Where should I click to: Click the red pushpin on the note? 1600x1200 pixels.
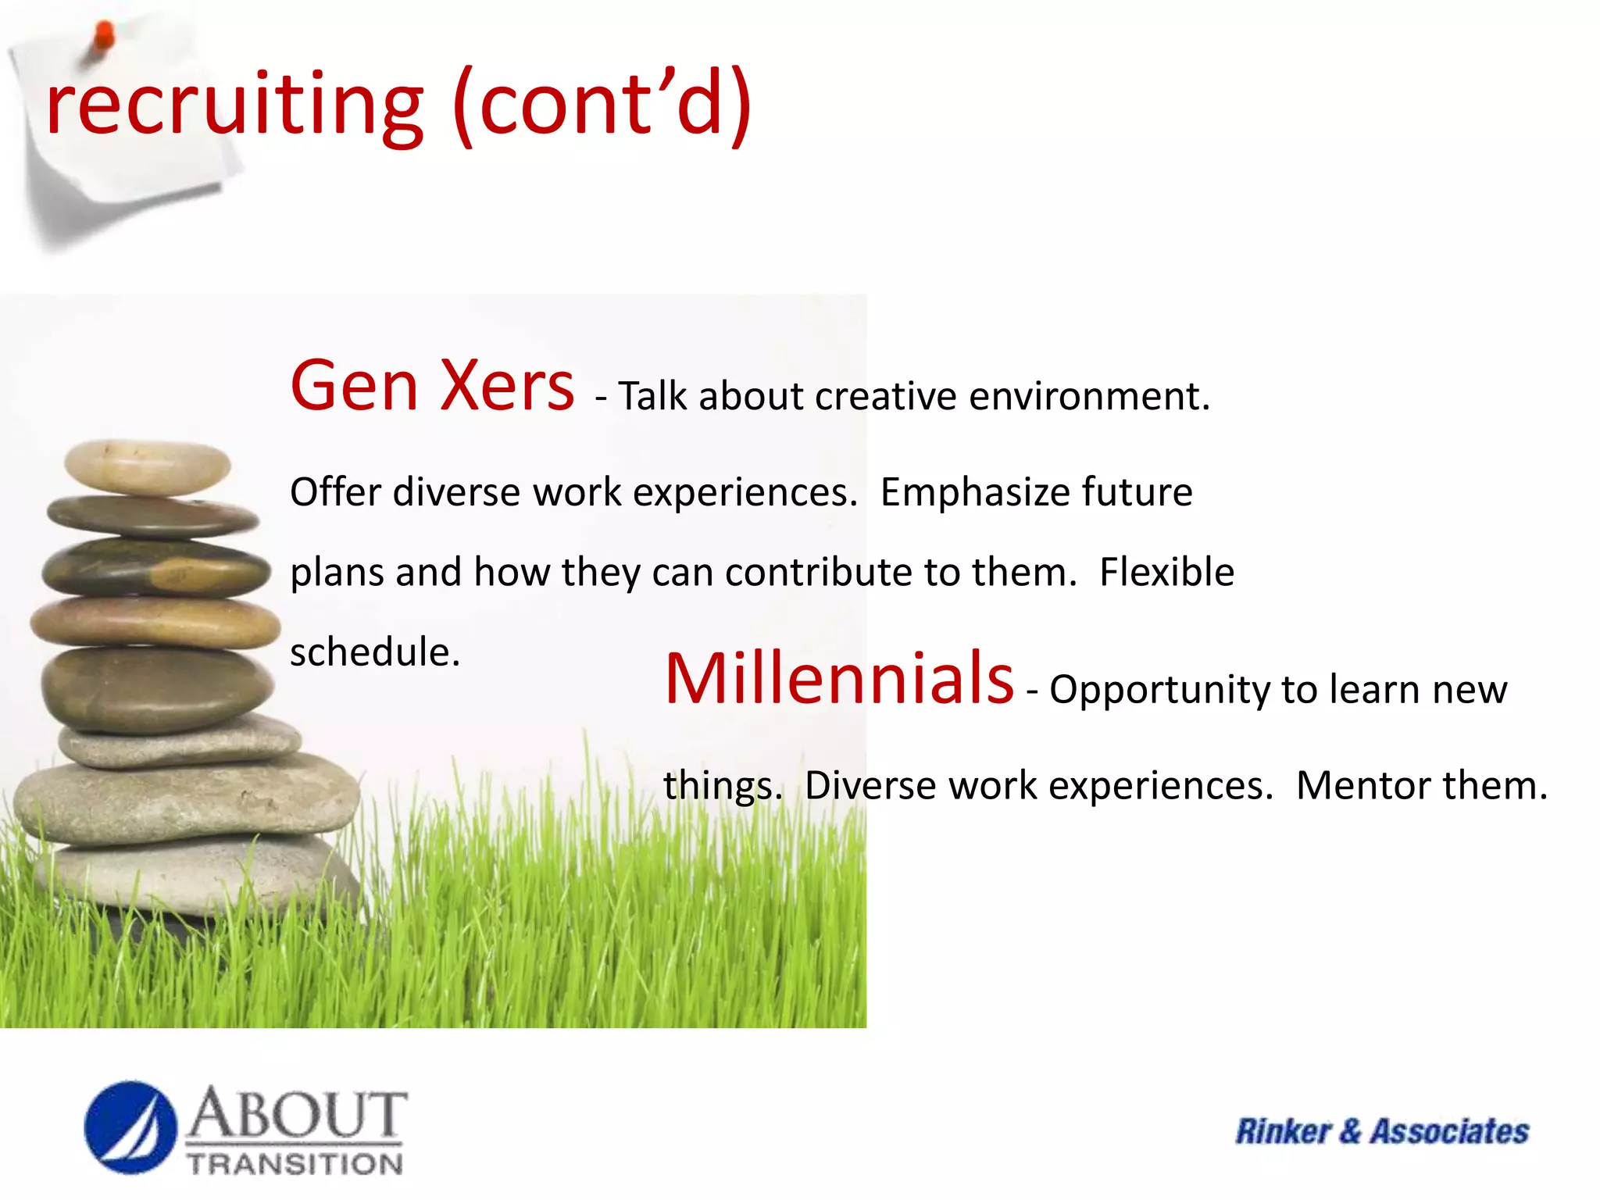pos(103,36)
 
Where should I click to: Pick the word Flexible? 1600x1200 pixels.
pos(1166,572)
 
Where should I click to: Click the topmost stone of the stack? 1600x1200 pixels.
pos(147,466)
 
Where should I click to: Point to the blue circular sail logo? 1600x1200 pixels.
pos(130,1127)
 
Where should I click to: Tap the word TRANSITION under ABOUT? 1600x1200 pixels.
pos(295,1164)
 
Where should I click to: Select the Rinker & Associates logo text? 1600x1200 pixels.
pos(1381,1131)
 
